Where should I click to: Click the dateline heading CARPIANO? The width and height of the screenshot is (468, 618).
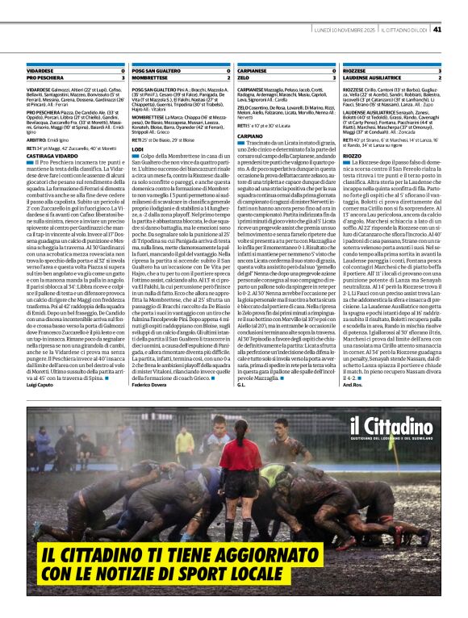tap(250, 136)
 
